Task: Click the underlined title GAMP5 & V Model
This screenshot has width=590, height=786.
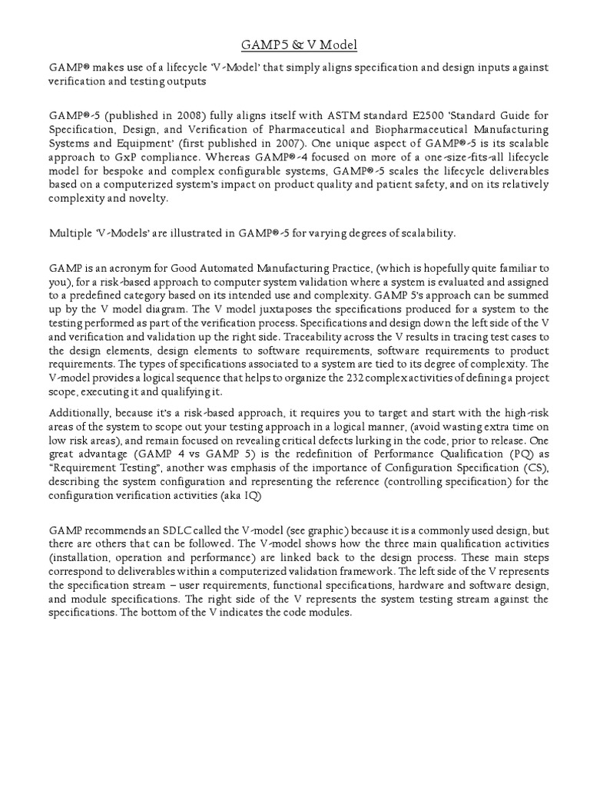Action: [x=295, y=45]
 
